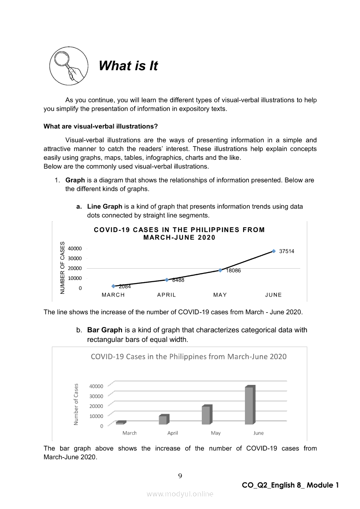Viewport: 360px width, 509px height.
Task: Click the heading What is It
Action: coord(128,66)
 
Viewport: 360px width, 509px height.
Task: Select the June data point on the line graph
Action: coord(274,251)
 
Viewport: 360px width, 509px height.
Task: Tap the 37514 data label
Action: coord(287,251)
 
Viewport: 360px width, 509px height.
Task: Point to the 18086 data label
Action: coord(233,270)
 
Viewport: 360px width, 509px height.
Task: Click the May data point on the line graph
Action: coord(220,270)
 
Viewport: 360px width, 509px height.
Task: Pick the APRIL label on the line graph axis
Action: coord(166,295)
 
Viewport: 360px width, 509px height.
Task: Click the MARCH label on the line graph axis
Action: coord(113,295)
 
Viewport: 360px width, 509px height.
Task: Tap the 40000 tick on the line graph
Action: coord(74,249)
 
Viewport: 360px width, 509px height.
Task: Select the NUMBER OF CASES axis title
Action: coord(63,267)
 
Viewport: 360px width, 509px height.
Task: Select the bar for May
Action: coord(207,415)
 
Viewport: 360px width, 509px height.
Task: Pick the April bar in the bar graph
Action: coord(163,419)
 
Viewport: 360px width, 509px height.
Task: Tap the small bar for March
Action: coord(120,422)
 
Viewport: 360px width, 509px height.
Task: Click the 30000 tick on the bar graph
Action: coord(96,396)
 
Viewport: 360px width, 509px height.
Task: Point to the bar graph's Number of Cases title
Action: coord(76,404)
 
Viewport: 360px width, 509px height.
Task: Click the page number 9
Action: coord(180,475)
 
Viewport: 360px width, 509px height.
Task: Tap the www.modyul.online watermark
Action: coord(180,494)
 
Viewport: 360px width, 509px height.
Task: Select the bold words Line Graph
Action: coord(105,206)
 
